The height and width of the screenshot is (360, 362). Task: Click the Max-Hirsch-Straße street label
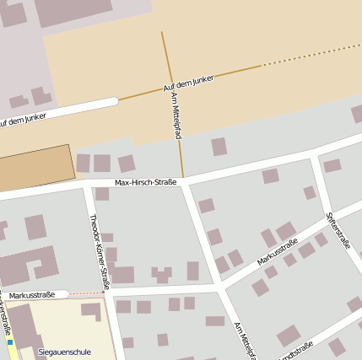145,182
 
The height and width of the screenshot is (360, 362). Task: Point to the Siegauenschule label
64,352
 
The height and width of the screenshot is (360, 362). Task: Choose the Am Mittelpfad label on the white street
243,340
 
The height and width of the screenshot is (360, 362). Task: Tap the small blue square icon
10,343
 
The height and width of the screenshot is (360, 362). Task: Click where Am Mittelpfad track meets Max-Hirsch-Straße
182,178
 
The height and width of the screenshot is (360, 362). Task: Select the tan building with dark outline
35,169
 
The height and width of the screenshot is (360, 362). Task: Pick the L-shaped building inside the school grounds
92,311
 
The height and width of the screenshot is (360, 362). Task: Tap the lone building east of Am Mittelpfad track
219,147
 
